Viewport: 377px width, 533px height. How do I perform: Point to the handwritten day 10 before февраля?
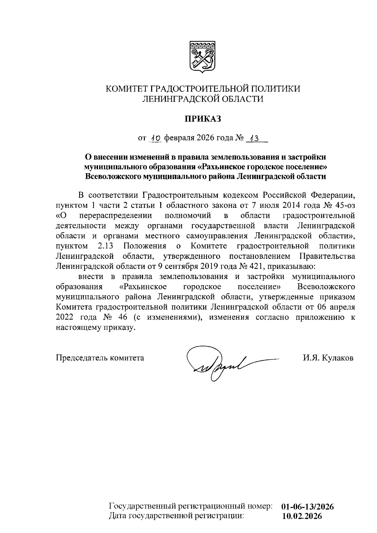pyautogui.click(x=155, y=138)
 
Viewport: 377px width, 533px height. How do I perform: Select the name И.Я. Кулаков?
pyautogui.click(x=328, y=358)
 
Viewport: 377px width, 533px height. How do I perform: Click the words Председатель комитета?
pyautogui.click(x=100, y=358)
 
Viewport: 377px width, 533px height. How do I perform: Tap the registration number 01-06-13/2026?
pyautogui.click(x=308, y=506)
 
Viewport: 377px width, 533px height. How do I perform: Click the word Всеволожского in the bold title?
pyautogui.click(x=113, y=176)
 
